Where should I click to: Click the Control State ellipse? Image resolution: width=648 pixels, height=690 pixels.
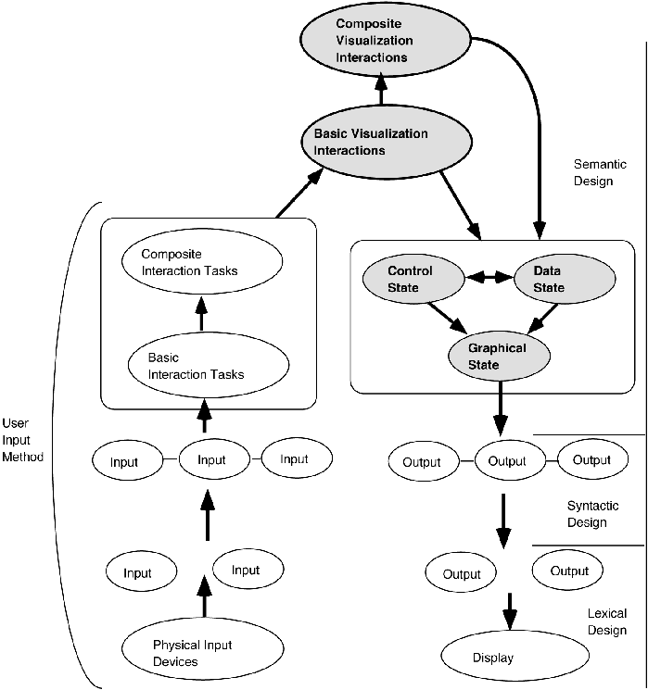(411, 280)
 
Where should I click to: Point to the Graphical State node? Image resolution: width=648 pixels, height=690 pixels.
(498, 357)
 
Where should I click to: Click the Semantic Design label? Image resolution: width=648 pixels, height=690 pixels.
(593, 172)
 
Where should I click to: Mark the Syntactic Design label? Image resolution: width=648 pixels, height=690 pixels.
(587, 514)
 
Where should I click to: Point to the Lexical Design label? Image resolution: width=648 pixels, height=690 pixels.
(607, 621)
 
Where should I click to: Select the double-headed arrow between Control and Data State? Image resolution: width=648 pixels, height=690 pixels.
(490, 276)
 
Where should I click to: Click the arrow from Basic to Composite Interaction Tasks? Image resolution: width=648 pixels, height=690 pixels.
(201, 314)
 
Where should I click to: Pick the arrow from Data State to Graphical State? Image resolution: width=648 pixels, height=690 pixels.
(540, 320)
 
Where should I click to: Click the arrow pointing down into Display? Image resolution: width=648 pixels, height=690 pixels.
(508, 614)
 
